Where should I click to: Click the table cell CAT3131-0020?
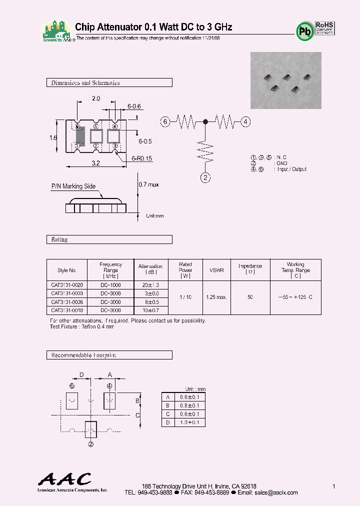(x=66, y=284)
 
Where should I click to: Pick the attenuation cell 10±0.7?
(x=150, y=310)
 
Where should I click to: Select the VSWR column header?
(x=217, y=270)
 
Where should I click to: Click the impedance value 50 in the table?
(x=250, y=297)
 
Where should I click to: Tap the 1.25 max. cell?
(x=216, y=297)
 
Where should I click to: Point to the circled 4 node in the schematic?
(x=245, y=121)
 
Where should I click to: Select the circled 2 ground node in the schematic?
(x=205, y=176)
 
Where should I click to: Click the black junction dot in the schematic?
(x=205, y=121)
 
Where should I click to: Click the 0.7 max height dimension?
(x=148, y=184)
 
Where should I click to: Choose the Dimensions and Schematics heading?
(x=85, y=83)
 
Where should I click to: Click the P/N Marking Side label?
(x=73, y=186)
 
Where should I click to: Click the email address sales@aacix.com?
(x=276, y=492)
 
